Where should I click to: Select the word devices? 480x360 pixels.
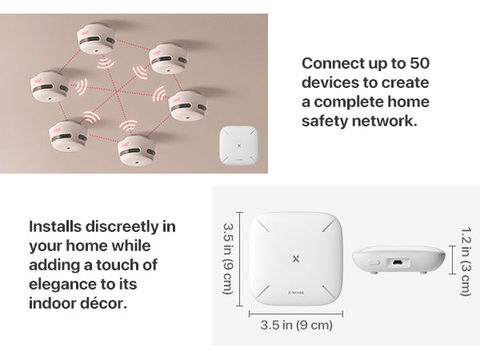(x=334, y=82)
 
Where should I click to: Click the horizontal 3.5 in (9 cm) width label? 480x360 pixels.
(x=296, y=326)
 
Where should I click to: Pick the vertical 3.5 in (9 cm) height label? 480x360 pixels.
(x=227, y=258)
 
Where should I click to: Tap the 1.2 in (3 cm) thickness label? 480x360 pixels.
(x=466, y=260)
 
